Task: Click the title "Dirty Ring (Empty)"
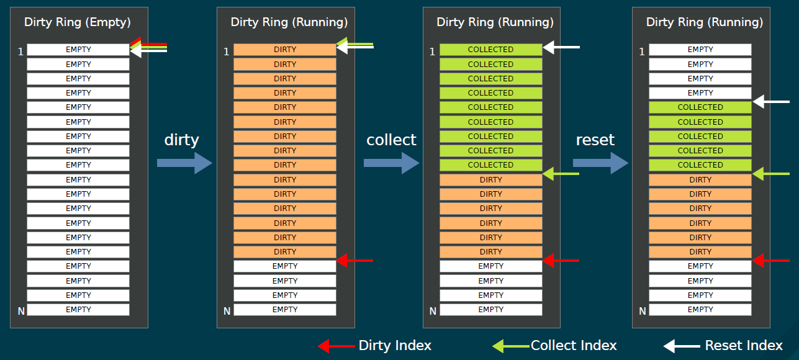[x=78, y=22]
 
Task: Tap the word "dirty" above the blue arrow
[x=181, y=140]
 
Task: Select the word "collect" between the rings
[x=391, y=140]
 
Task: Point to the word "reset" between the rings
[x=595, y=140]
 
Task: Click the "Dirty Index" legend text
[x=395, y=346]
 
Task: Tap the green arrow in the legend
[x=511, y=346]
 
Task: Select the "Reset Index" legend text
[x=744, y=346]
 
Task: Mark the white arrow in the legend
[x=681, y=346]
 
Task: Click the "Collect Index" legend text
[x=574, y=346]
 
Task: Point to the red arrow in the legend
[x=336, y=346]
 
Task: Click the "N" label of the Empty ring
[x=21, y=310]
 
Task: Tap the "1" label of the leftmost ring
[x=20, y=52]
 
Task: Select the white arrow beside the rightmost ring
[x=770, y=102]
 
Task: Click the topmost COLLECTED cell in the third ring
[x=490, y=50]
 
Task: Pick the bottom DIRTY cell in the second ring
[x=285, y=252]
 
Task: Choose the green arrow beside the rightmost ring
[x=770, y=174]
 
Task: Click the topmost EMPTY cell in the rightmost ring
[x=700, y=50]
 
